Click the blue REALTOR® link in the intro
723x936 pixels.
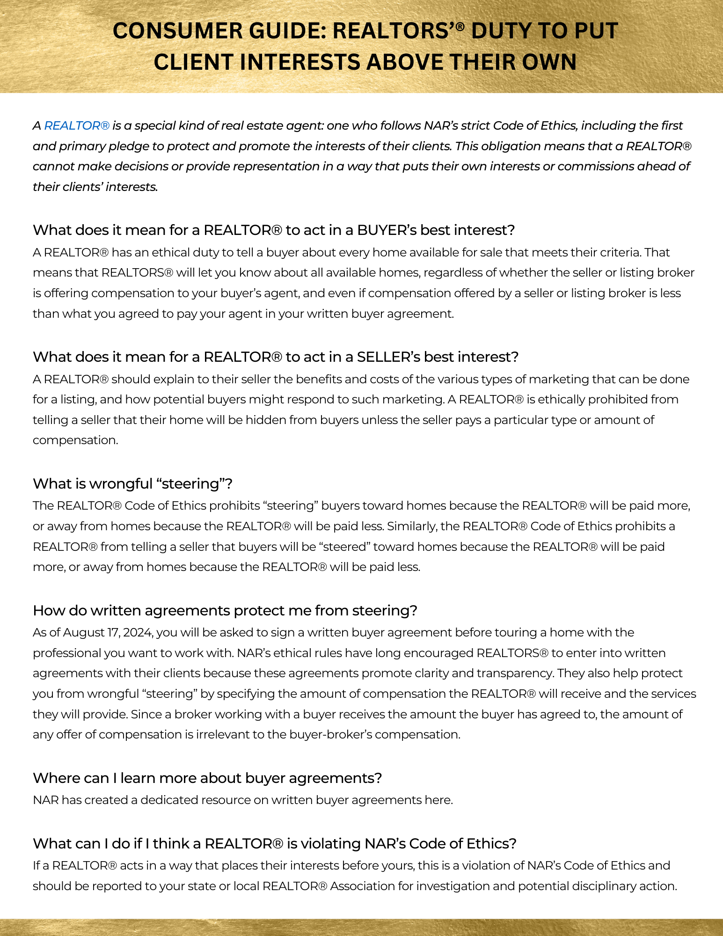[77, 125]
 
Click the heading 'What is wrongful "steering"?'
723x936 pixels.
[132, 483]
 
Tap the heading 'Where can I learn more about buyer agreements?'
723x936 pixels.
[207, 778]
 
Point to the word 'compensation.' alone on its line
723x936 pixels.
[75, 440]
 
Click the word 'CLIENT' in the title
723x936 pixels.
[193, 62]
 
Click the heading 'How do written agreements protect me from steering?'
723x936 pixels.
[225, 611]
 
